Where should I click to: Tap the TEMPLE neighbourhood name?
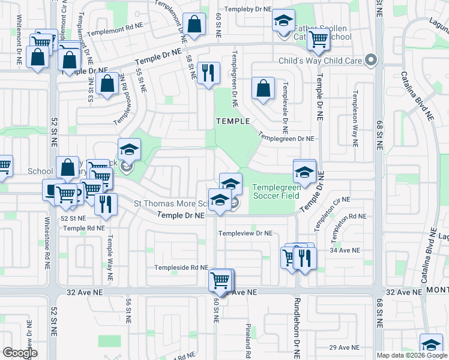pos(233,121)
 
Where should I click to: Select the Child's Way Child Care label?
pos(321,61)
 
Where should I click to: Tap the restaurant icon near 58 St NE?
pos(208,73)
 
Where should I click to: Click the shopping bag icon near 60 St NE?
pos(194,25)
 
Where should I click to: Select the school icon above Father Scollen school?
pos(283,22)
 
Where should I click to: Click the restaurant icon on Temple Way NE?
pos(106,204)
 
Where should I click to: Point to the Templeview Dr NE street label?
pos(246,233)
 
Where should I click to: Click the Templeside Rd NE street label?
pos(181,268)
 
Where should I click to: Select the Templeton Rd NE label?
pos(345,220)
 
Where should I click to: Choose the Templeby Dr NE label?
pos(247,10)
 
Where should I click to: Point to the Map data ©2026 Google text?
pos(412,355)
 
